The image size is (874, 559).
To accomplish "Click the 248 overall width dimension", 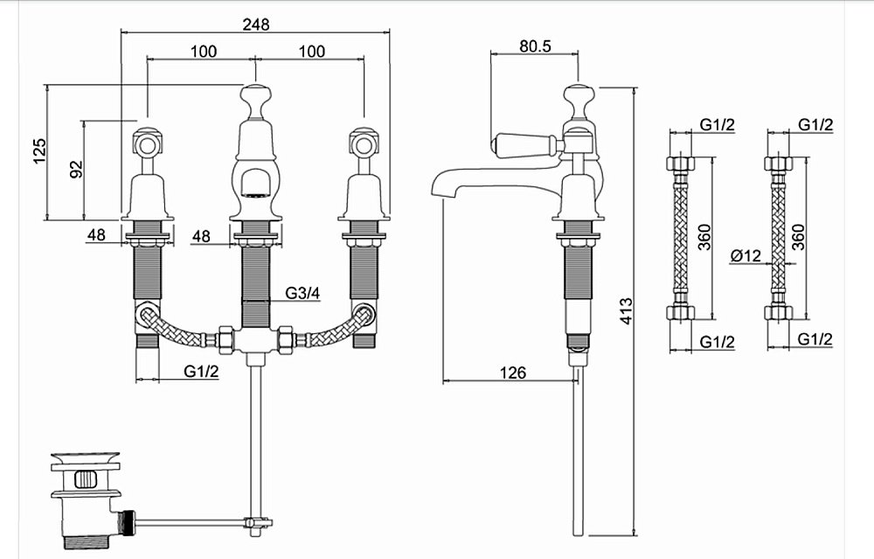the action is (x=256, y=24).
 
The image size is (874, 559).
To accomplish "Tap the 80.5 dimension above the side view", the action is (x=535, y=45).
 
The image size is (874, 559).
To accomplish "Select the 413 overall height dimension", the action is (x=627, y=311).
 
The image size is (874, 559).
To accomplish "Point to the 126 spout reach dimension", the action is (x=513, y=372).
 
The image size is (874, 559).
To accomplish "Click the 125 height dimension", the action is (x=39, y=151).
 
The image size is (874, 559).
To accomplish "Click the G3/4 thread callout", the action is (x=302, y=292).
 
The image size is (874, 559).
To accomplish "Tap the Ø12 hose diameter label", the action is (x=746, y=255).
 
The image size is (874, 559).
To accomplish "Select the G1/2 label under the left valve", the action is (x=201, y=371).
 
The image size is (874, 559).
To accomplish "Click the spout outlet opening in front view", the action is (x=256, y=195).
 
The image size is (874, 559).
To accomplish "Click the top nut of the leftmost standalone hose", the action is (x=680, y=164).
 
